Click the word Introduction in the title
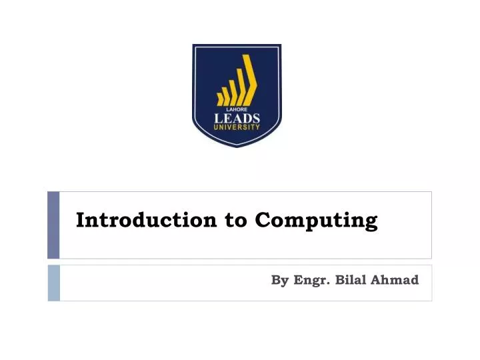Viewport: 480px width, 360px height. tap(147, 220)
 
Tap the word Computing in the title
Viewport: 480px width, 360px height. tap(317, 221)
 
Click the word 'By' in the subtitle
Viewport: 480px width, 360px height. tap(279, 281)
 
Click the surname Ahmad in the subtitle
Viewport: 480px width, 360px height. tap(396, 280)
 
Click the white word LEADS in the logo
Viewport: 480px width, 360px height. tap(237, 118)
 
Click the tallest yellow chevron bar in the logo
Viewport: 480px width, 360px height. tap(250, 79)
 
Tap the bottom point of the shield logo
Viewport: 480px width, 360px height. tap(237, 147)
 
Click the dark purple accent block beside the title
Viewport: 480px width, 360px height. tap(53, 225)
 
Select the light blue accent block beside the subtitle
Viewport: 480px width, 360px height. tap(53, 283)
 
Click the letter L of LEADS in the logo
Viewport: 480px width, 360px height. tap(217, 118)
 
